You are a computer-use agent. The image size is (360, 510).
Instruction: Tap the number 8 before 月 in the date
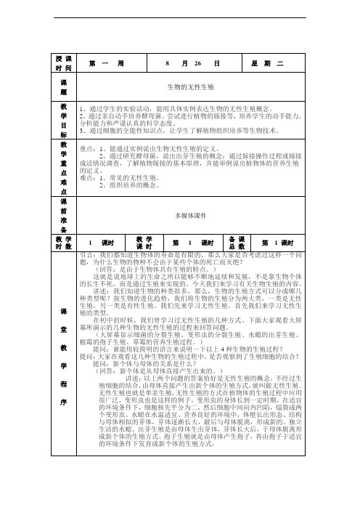168,63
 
